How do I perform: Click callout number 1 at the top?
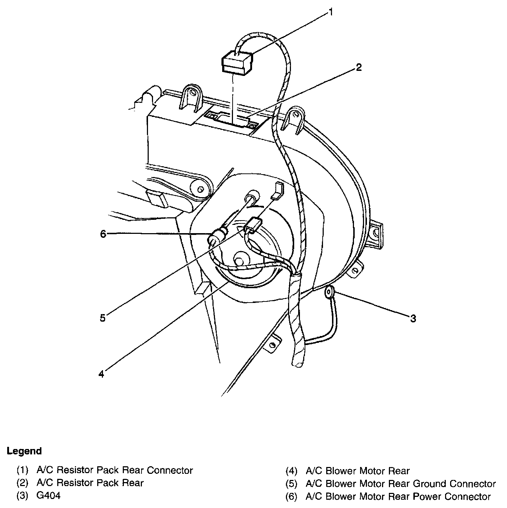click(x=330, y=13)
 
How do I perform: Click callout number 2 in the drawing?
click(x=359, y=67)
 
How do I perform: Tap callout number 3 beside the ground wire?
click(x=413, y=318)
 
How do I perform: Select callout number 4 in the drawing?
click(x=101, y=374)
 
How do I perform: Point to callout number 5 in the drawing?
click(x=103, y=318)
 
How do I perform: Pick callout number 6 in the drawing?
click(x=103, y=234)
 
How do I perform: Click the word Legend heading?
click(x=24, y=451)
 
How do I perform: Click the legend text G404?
click(x=49, y=495)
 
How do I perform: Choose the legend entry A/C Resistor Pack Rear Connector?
click(x=115, y=470)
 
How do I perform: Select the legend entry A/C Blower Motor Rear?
click(x=357, y=471)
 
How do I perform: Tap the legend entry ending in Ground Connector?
click(x=400, y=484)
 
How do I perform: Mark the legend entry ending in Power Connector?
click(x=398, y=496)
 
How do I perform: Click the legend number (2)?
click(x=22, y=483)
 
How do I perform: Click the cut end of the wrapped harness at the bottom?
click(x=298, y=364)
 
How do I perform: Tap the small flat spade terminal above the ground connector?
click(x=277, y=191)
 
